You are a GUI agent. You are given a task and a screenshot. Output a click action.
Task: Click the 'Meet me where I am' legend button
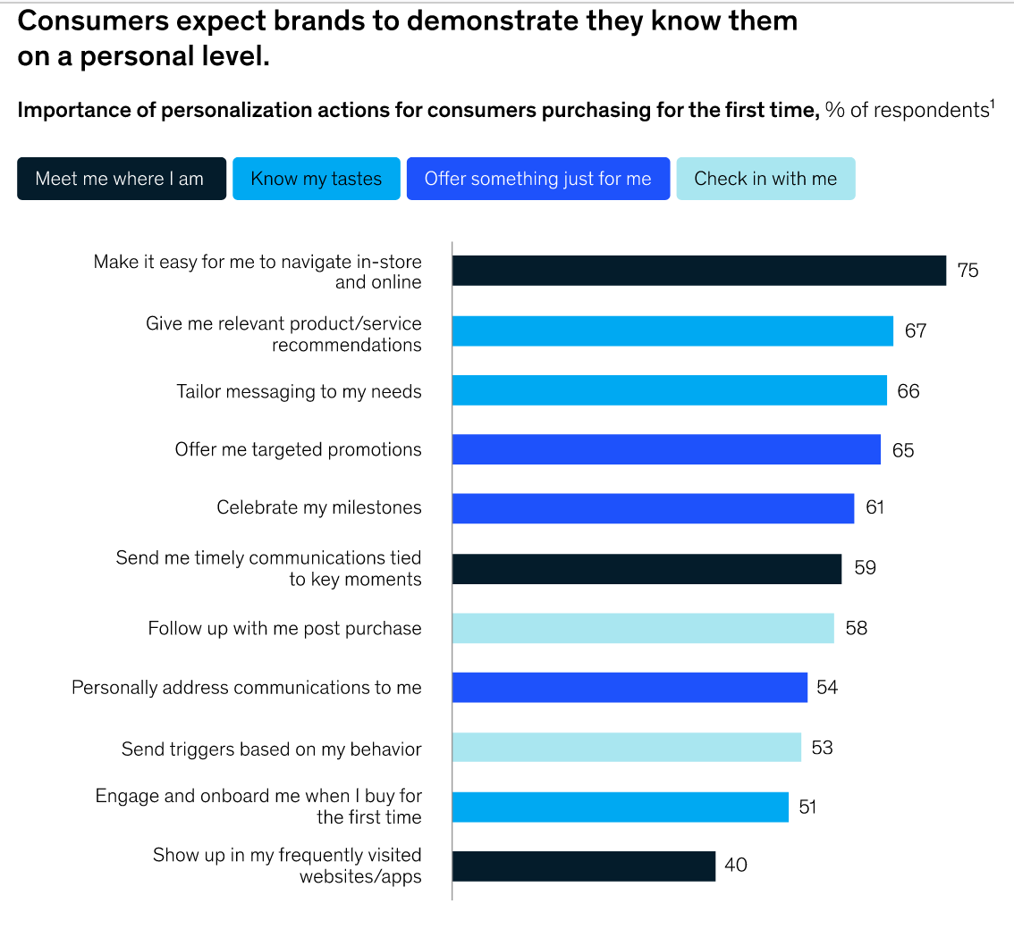coord(121,179)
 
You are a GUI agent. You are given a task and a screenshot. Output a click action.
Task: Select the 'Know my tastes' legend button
coord(316,179)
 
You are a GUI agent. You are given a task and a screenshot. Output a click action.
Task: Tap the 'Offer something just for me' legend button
coord(537,179)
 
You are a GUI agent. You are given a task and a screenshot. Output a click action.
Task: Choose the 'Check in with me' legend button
coord(765,179)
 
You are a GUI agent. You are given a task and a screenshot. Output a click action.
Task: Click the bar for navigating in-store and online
coord(698,271)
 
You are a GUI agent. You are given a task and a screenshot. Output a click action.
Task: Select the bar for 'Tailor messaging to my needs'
coord(669,390)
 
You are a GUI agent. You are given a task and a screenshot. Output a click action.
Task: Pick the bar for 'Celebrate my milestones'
coord(653,508)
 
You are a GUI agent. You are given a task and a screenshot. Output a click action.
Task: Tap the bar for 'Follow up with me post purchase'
coord(643,628)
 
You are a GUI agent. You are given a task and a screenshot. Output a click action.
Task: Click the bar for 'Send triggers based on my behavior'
coord(626,747)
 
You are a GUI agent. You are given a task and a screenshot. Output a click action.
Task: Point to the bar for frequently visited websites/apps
coord(583,866)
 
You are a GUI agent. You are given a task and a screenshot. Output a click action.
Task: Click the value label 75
coord(968,271)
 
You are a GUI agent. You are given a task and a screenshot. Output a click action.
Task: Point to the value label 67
coord(915,331)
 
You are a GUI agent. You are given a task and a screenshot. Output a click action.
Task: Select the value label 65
coord(903,450)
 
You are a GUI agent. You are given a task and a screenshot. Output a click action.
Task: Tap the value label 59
coord(865,568)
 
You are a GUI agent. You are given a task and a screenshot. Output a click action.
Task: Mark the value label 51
coord(807,807)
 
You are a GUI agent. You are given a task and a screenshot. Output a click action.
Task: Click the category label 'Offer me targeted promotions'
coord(298,449)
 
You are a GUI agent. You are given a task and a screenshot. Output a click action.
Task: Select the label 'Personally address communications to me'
coord(247,687)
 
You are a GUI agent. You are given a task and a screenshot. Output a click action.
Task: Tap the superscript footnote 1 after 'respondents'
coord(993,105)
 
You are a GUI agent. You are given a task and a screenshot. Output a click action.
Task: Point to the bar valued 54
coord(630,687)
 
